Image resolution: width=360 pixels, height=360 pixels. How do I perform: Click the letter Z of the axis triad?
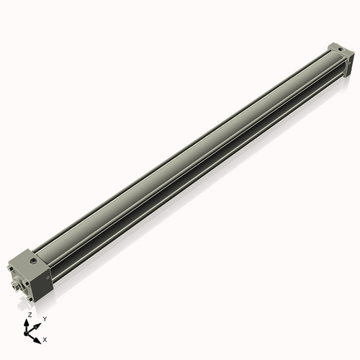click(x=29, y=315)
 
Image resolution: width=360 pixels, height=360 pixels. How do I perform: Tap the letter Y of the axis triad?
click(x=45, y=318)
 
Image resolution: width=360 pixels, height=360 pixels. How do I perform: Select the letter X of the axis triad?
click(x=45, y=338)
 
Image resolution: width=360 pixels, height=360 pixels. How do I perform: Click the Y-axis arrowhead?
click(x=38, y=323)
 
